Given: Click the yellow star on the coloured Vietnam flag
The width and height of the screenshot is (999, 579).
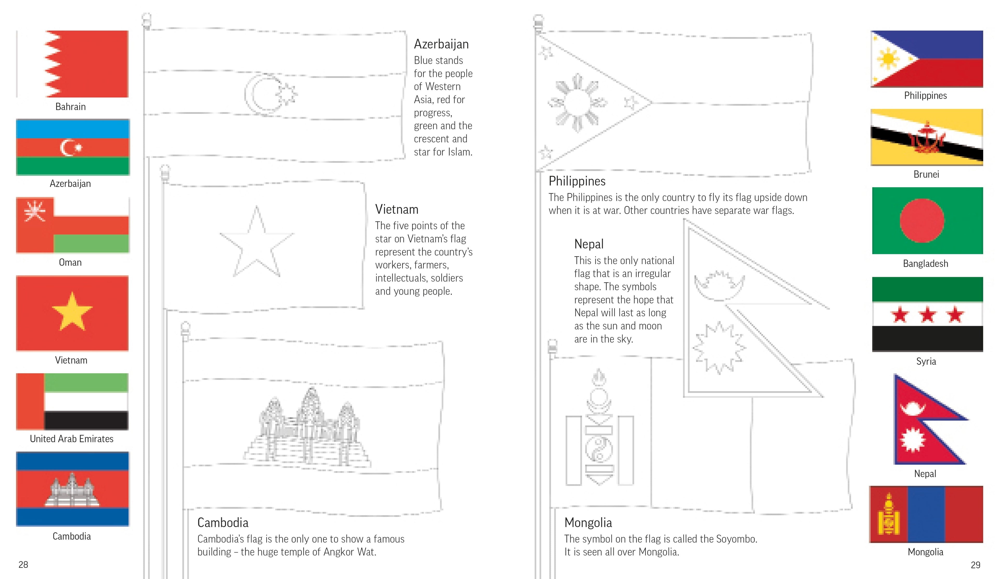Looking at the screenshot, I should click(72, 312).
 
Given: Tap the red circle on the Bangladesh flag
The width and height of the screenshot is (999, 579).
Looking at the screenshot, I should click(922, 221).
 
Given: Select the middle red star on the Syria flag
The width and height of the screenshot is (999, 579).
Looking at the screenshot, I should click(928, 315).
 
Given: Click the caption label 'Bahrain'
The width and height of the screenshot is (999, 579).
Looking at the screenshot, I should click(71, 107).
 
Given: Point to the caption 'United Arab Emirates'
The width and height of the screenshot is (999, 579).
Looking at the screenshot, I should click(71, 439).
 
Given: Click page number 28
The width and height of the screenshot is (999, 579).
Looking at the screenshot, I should click(23, 565).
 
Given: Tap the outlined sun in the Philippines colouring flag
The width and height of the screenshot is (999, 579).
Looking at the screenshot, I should click(577, 103).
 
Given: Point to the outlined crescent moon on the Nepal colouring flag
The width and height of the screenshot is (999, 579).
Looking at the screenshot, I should click(719, 287).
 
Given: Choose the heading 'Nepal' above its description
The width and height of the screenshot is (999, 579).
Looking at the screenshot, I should click(589, 244).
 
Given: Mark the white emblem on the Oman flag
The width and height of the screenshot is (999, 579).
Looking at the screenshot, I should click(35, 210).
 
